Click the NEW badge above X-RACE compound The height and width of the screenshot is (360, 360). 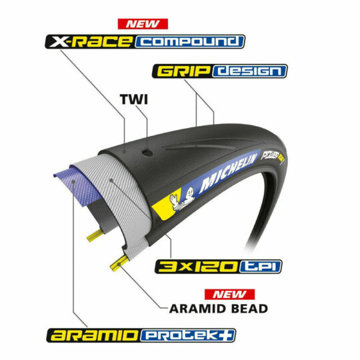click(x=143, y=24)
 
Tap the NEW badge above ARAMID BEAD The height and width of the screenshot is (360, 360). click(x=229, y=295)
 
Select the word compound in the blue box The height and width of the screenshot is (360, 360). click(x=189, y=42)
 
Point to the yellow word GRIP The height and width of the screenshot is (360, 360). click(x=183, y=71)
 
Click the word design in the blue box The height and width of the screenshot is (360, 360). click(x=249, y=71)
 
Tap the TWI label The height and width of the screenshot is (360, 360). click(x=134, y=99)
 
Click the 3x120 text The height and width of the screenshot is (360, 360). click(x=197, y=267)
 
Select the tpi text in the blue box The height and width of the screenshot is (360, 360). click(x=261, y=267)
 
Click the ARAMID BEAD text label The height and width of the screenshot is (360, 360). click(x=219, y=309)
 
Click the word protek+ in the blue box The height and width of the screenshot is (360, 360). click(x=188, y=335)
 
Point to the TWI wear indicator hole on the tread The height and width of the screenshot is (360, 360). click(x=147, y=153)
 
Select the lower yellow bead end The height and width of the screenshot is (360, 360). click(x=119, y=263)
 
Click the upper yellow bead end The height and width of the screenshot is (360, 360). click(x=95, y=236)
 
